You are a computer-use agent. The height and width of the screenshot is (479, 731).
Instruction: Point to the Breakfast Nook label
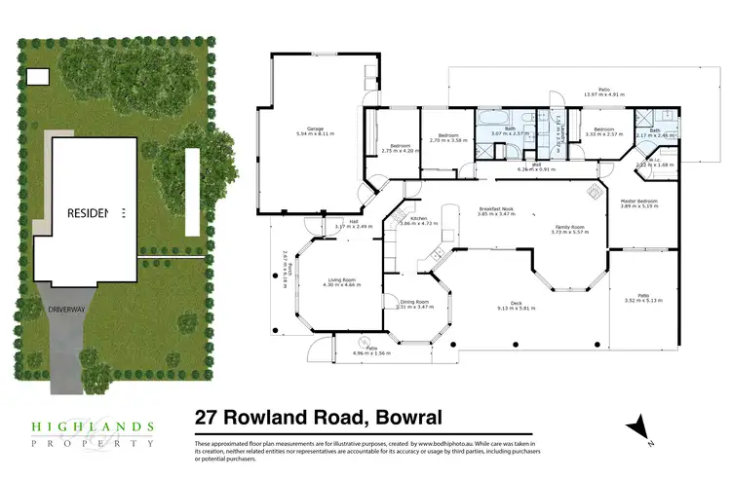pyautogui.click(x=496, y=209)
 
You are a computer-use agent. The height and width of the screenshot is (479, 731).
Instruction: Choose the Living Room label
pyautogui.click(x=340, y=280)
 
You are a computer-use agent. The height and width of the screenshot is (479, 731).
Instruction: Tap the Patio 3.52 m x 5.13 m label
pyautogui.click(x=643, y=297)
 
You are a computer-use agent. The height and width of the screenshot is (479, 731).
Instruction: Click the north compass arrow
pyautogui.click(x=638, y=425)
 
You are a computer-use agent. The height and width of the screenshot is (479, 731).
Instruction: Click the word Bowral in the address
pyautogui.click(x=400, y=417)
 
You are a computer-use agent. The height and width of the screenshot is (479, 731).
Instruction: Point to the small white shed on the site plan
pyautogui.click(x=37, y=78)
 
